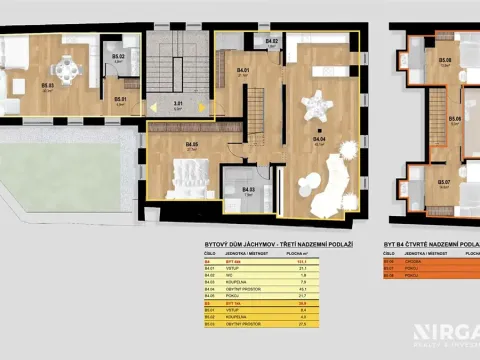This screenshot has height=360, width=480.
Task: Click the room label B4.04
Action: pos(321,140)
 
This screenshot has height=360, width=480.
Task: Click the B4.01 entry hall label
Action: pos(243,70)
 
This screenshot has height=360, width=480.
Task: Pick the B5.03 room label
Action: pos(47,85)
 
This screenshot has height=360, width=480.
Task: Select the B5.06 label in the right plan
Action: pos(455,118)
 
